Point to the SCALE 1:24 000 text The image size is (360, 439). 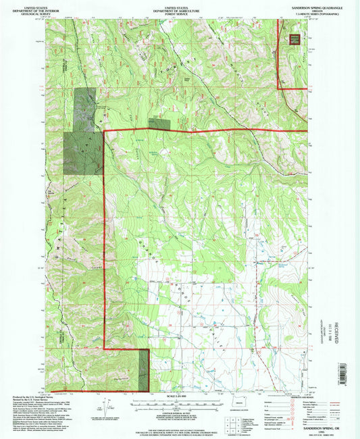coord(179,396)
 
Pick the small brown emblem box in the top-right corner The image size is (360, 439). coord(294,39)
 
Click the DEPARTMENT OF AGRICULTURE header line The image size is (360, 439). coord(179,8)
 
